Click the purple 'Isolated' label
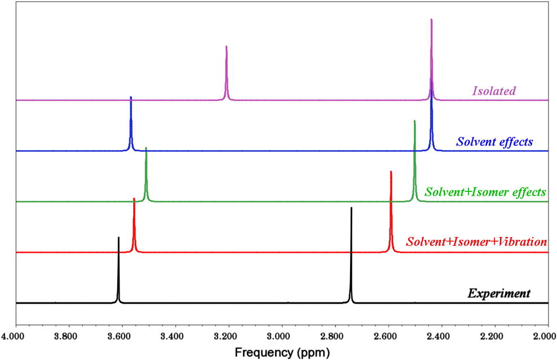494,90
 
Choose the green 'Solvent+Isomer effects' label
485,192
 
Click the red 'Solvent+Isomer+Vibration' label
476,242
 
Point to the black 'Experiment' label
499,293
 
